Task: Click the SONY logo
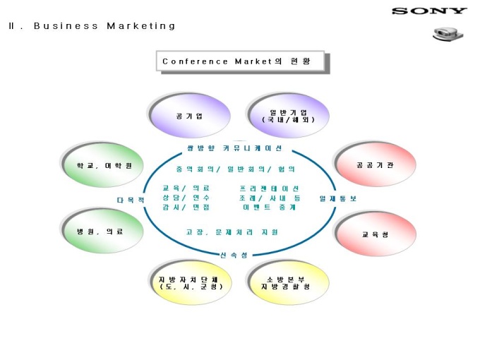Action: pyautogui.click(x=429, y=11)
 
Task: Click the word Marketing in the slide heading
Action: pyautogui.click(x=141, y=26)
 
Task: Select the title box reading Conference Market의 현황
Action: pyautogui.click(x=240, y=61)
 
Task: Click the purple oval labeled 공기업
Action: pyautogui.click(x=189, y=116)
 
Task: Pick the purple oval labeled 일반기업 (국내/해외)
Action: pyautogui.click(x=288, y=116)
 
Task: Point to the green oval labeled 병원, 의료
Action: pyautogui.click(x=100, y=232)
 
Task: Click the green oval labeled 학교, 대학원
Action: pyautogui.click(x=100, y=166)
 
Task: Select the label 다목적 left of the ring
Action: pyautogui.click(x=131, y=200)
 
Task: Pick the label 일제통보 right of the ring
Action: pyautogui.click(x=338, y=199)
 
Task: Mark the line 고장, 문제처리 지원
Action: pyautogui.click(x=232, y=232)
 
